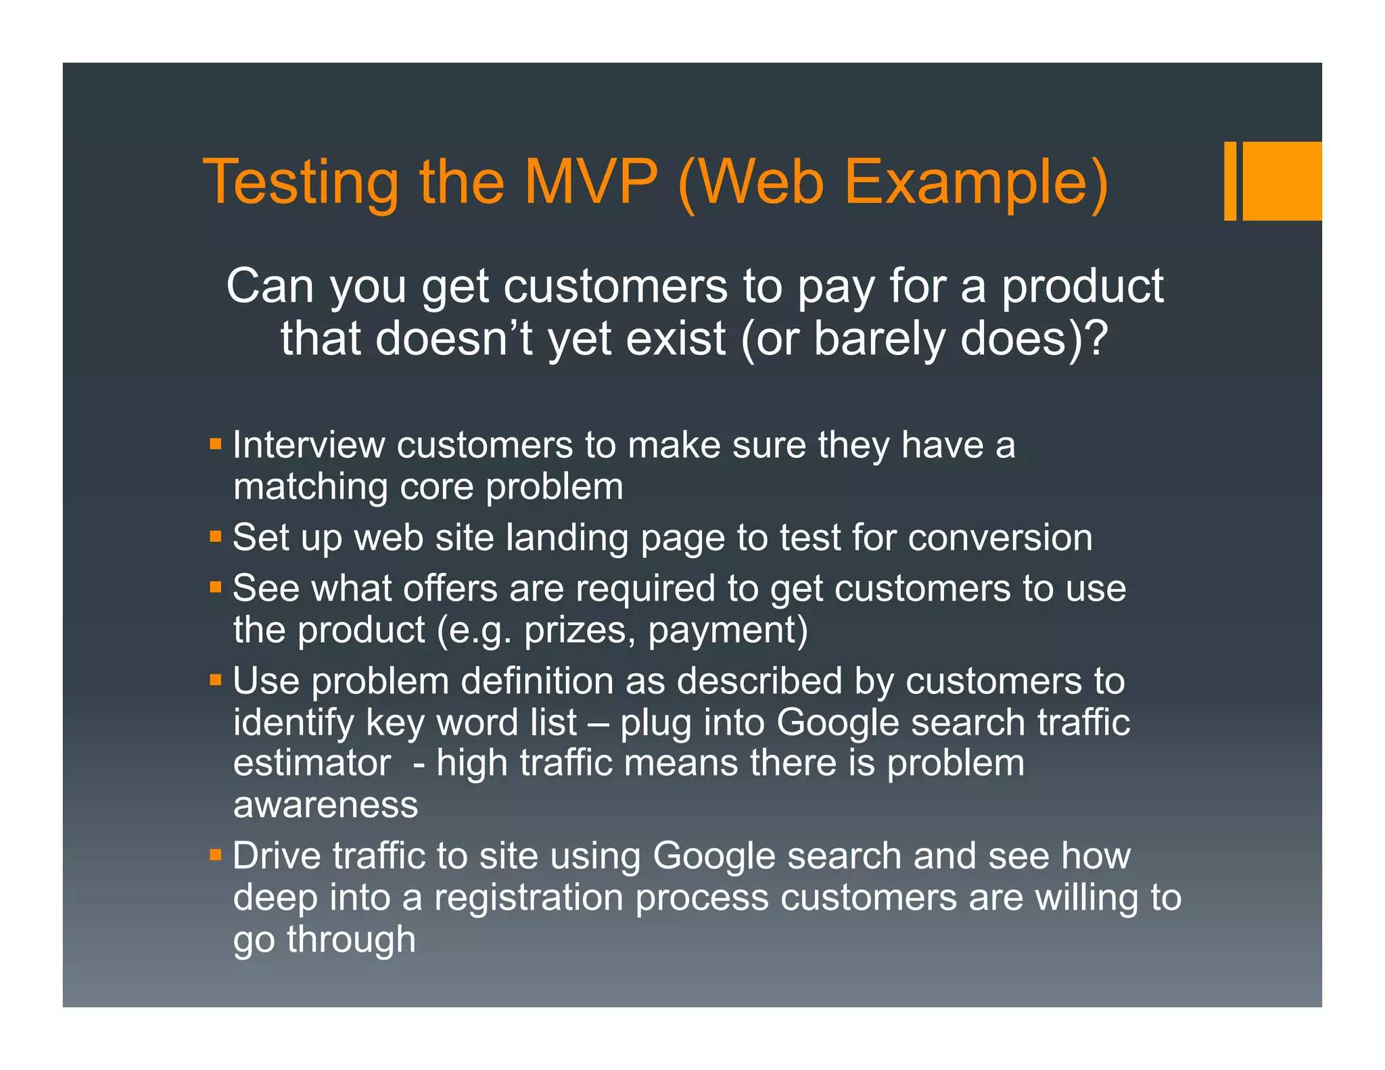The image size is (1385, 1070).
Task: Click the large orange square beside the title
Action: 1282,181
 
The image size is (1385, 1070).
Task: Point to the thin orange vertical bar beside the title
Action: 1230,181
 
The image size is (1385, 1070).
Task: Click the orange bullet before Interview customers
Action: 216,444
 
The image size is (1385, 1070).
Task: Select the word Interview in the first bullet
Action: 308,445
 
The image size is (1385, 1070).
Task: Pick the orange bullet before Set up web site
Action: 216,537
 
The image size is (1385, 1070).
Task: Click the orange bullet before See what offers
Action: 216,587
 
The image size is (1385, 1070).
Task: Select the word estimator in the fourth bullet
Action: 312,763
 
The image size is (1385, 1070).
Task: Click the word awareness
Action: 325,805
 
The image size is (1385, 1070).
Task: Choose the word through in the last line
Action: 351,940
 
